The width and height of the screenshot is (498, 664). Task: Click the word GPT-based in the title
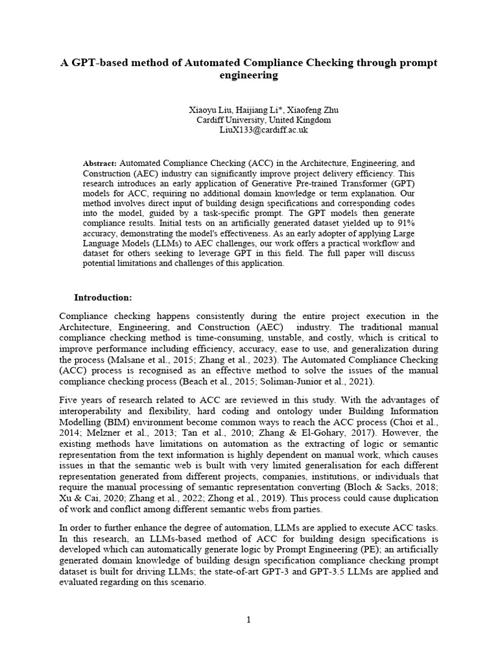click(x=99, y=62)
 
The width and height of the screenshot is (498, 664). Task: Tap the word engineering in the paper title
click(x=249, y=75)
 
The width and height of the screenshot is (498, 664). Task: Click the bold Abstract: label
click(x=100, y=164)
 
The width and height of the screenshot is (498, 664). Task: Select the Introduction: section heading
click(x=103, y=298)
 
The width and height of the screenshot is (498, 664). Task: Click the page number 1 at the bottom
click(x=248, y=620)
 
